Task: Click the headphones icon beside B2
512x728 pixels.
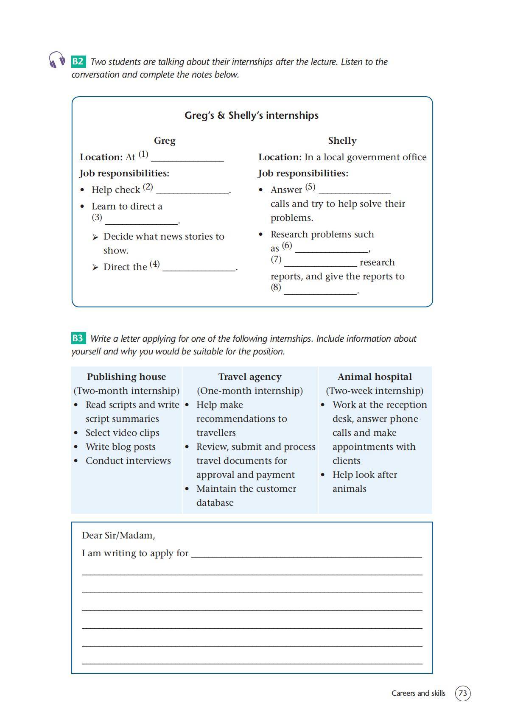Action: coord(57,60)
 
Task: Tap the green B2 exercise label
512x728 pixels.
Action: coord(78,61)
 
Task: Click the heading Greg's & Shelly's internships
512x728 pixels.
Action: coord(252,115)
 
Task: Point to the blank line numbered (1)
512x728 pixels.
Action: coord(187,158)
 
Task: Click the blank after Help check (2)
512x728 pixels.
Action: coord(192,191)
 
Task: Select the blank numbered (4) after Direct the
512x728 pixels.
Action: coord(199,268)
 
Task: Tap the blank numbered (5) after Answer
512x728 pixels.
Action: coord(354,191)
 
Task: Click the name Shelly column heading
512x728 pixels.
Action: coord(342,141)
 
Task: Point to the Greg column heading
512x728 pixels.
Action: coord(165,141)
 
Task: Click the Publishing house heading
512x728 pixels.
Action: coord(126,377)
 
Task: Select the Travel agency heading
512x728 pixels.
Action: coord(250,377)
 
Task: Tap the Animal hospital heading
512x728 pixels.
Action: coord(375,377)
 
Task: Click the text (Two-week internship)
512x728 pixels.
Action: coord(375,391)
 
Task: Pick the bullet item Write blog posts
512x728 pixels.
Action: coord(120,447)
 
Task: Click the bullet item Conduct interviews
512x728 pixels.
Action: coord(128,461)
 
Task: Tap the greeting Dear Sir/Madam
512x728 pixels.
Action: coord(118,536)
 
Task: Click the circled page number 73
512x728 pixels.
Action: coord(463,693)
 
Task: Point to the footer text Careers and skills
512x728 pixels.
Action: coord(418,693)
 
